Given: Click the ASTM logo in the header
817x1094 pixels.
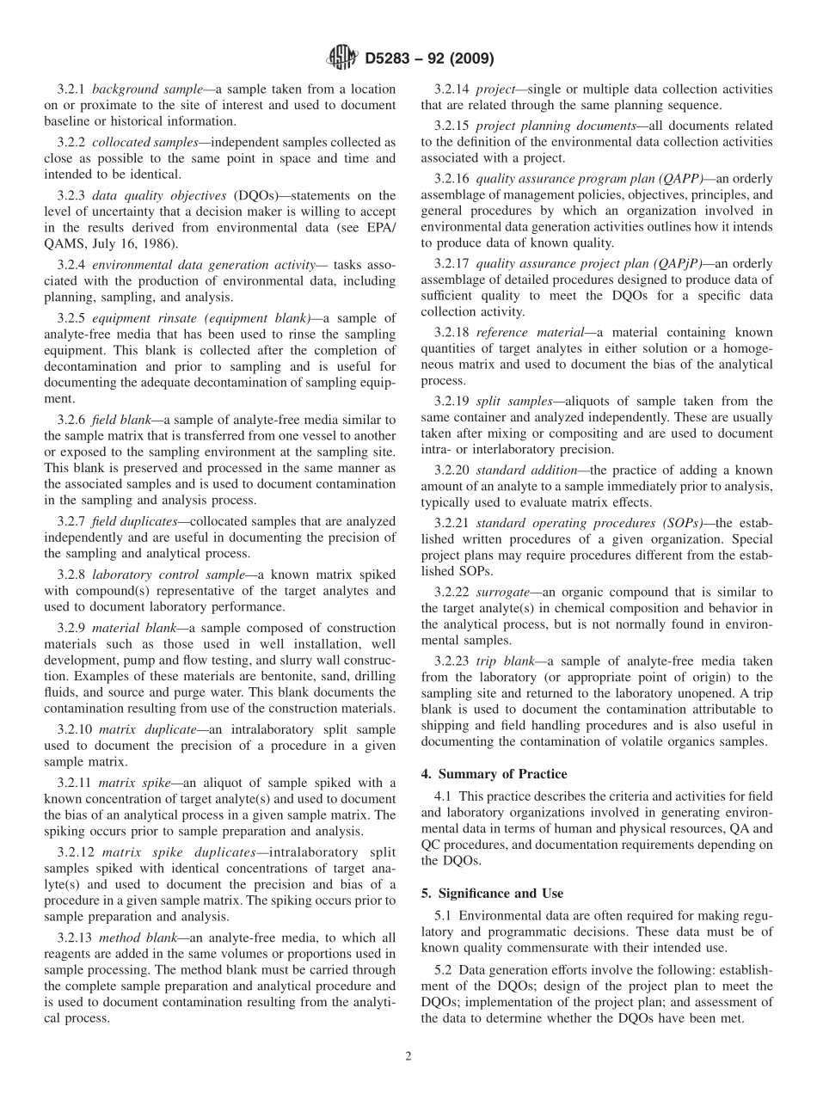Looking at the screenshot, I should (x=343, y=58).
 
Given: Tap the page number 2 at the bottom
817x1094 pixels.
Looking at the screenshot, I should (x=408, y=1056).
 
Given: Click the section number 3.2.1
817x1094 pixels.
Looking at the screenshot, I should (x=71, y=89).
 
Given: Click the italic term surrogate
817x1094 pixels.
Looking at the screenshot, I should (x=504, y=592).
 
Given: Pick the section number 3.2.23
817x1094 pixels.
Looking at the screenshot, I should (x=452, y=661).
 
